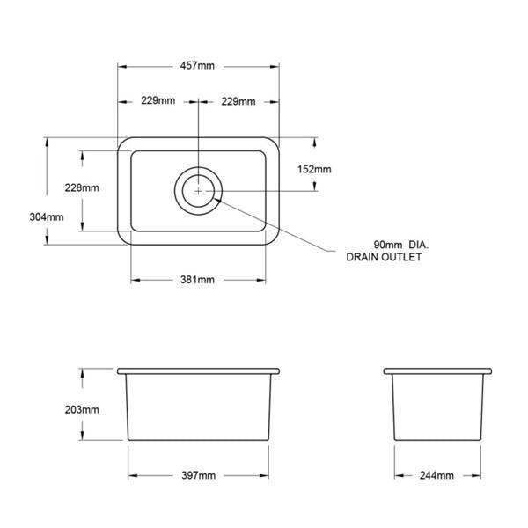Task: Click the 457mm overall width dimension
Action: click(200, 66)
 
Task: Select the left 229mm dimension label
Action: click(159, 101)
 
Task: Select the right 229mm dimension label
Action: click(238, 101)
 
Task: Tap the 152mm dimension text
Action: click(314, 169)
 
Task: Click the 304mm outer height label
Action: click(47, 216)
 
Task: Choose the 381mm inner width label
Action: click(198, 280)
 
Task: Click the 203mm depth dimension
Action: click(82, 409)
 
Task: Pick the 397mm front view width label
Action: click(198, 475)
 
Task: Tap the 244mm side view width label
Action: click(436, 475)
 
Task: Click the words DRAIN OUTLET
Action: click(385, 258)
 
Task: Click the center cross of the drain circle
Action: click(200, 190)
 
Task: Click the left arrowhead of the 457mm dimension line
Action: click(121, 66)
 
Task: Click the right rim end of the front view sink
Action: click(279, 370)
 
